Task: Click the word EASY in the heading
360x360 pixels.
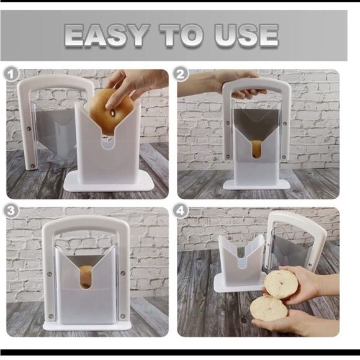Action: (x=107, y=35)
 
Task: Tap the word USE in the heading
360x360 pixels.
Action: (x=246, y=35)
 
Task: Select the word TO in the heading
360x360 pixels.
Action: (x=181, y=35)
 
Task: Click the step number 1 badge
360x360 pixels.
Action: (x=11, y=74)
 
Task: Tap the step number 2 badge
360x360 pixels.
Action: (x=181, y=74)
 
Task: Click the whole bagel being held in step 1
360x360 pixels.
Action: (x=111, y=112)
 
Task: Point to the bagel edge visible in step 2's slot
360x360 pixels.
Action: (x=256, y=149)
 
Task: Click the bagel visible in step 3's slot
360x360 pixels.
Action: (x=86, y=276)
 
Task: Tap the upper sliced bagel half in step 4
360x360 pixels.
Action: (x=281, y=284)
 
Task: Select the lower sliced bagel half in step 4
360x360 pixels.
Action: (x=268, y=308)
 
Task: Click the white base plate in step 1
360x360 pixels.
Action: (x=109, y=181)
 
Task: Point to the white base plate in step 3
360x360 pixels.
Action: (x=87, y=326)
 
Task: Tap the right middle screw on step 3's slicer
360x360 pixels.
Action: (x=123, y=273)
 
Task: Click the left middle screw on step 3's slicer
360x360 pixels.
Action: (x=50, y=274)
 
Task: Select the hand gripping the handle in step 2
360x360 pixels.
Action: (x=233, y=84)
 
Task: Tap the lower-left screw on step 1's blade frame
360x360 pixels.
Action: (x=33, y=166)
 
